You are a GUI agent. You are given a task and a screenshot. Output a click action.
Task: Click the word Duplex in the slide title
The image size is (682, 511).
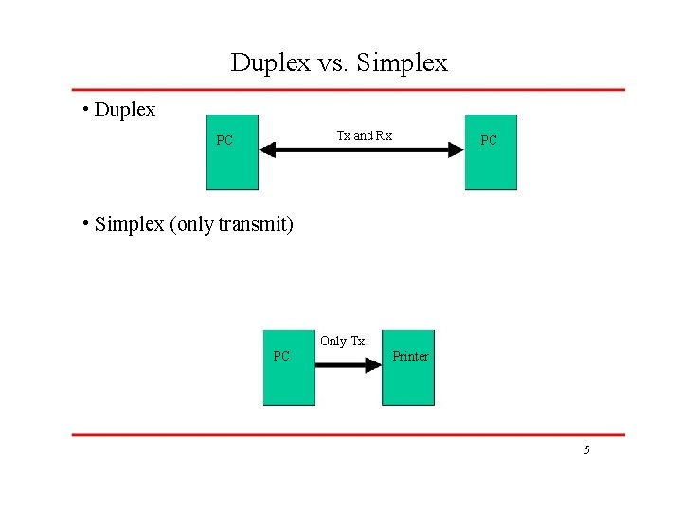pyautogui.click(x=270, y=63)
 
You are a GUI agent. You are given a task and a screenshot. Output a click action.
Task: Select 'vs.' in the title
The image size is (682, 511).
pyautogui.click(x=333, y=63)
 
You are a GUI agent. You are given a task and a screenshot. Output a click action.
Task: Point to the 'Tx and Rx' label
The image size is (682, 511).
pyautogui.click(x=365, y=135)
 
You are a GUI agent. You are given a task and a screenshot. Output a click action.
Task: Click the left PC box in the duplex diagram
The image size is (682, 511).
pyautogui.click(x=232, y=152)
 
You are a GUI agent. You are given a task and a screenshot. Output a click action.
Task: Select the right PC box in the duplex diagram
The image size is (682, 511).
pyautogui.click(x=491, y=152)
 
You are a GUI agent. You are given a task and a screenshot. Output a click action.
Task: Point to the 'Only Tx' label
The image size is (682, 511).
pyautogui.click(x=342, y=341)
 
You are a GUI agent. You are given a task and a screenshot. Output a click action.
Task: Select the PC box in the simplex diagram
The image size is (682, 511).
pyautogui.click(x=289, y=367)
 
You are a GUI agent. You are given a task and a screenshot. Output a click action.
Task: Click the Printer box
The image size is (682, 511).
pyautogui.click(x=408, y=367)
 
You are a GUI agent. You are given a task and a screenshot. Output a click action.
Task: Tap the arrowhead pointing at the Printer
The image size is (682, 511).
pyautogui.click(x=373, y=365)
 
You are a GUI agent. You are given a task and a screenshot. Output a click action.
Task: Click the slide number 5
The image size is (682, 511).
pyautogui.click(x=586, y=450)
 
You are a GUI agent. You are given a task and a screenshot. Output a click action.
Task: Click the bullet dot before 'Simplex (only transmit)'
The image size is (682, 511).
pyautogui.click(x=85, y=223)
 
